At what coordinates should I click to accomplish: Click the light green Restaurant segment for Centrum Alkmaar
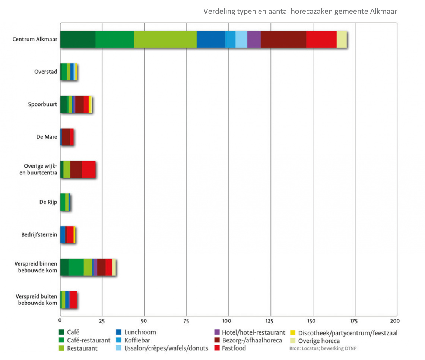click(x=165, y=40)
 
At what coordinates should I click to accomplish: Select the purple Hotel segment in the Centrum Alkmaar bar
click(x=254, y=40)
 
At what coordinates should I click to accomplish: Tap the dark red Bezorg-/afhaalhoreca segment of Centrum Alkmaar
click(x=283, y=40)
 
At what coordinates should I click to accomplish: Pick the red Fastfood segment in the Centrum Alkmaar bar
click(x=321, y=40)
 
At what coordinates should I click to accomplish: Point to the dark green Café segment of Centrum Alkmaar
click(x=77, y=40)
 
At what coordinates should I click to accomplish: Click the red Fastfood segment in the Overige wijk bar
click(x=89, y=170)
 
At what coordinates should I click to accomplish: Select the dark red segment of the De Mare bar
click(x=66, y=137)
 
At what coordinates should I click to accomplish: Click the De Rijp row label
click(x=49, y=202)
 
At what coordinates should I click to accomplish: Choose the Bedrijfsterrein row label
click(x=39, y=234)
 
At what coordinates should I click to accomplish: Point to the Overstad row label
click(x=46, y=72)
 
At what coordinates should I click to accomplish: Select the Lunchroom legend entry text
click(x=140, y=332)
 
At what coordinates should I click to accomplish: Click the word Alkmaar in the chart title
click(x=384, y=12)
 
